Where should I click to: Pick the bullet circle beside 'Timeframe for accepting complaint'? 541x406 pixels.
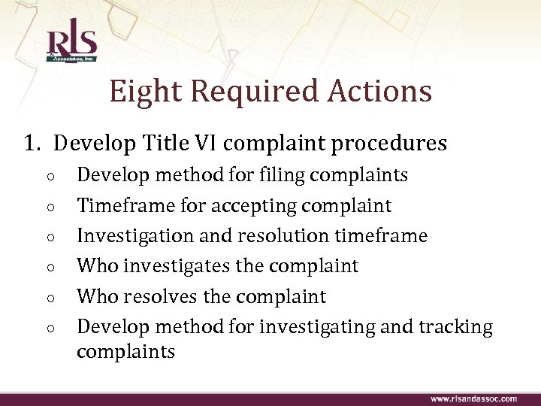[x=47, y=207]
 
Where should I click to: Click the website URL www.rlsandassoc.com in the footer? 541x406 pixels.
[x=473, y=398]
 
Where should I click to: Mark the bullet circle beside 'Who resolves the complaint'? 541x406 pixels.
[x=47, y=297]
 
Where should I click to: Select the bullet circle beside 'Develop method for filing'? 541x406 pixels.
[x=47, y=177]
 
